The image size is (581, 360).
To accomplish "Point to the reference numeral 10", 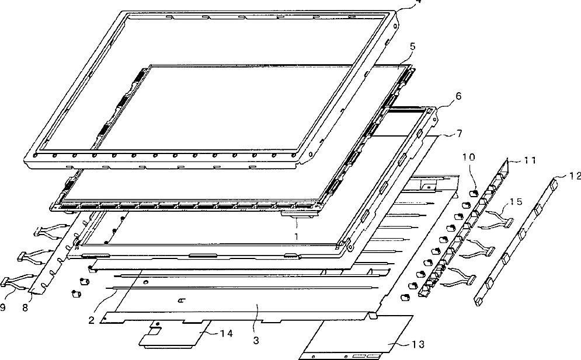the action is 469,157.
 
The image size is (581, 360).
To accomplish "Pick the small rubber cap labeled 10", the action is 474,193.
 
